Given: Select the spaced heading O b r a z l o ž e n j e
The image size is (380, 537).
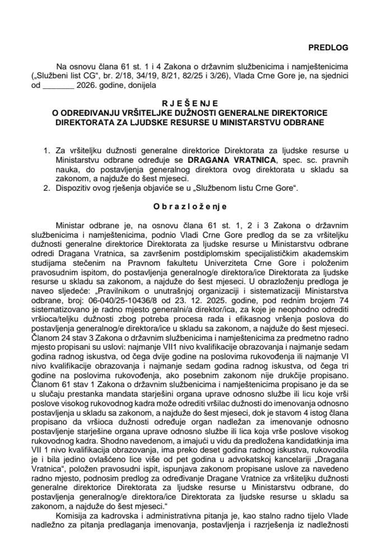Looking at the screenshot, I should click(190, 205).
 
